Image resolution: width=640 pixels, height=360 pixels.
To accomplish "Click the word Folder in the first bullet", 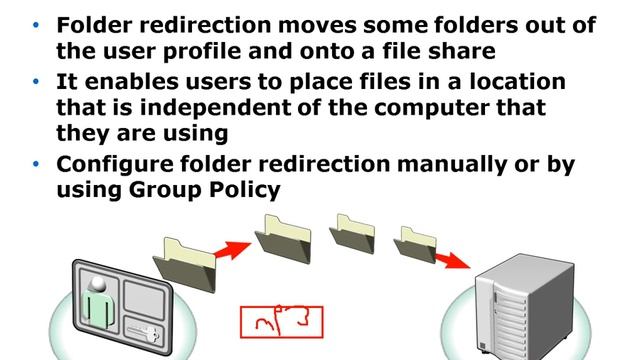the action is (95, 25).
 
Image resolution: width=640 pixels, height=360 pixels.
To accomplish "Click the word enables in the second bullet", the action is (132, 81).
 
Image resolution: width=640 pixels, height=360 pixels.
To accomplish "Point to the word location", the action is (518, 81).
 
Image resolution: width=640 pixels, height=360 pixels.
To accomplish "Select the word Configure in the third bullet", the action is (115, 165).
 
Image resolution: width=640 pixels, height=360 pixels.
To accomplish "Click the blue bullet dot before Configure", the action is (36, 164).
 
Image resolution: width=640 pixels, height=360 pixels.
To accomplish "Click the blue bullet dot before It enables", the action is (36, 82).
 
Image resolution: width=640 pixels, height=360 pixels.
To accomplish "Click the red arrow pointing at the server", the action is (452, 260).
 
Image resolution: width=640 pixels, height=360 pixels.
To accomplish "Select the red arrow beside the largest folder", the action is (232, 249).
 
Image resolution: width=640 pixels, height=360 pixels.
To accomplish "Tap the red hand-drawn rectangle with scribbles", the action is (282, 322).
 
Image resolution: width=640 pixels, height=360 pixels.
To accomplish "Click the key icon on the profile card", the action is (144, 333).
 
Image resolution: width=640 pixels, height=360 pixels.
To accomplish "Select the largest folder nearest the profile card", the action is (184, 265).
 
